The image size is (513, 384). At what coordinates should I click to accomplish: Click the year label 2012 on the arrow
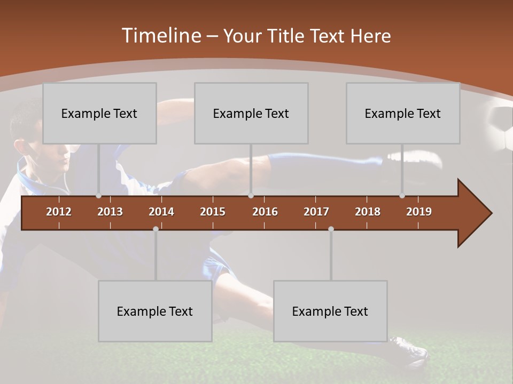click(59, 212)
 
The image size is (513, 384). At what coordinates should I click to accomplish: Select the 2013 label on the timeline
click(110, 212)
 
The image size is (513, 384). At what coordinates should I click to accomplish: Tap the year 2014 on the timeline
click(161, 212)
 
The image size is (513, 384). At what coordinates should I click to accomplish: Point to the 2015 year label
click(213, 212)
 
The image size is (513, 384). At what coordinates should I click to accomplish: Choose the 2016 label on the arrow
click(265, 212)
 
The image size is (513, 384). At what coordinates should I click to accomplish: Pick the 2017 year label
click(316, 212)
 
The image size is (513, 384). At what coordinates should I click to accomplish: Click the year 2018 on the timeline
click(368, 212)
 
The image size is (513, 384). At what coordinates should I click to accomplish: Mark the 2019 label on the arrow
click(419, 212)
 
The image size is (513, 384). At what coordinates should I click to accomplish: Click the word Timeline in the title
click(161, 36)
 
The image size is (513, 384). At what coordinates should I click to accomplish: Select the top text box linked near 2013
click(99, 113)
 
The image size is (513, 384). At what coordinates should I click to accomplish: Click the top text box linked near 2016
click(251, 113)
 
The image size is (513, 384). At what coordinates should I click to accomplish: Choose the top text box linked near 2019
click(403, 113)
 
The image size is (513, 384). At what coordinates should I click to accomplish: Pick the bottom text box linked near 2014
click(155, 311)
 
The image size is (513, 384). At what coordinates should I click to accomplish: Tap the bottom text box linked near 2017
click(330, 311)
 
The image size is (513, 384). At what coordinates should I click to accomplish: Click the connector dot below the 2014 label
click(156, 229)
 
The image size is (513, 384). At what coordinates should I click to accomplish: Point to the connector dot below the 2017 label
click(331, 229)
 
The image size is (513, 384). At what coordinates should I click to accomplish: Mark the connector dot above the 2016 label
click(251, 196)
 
